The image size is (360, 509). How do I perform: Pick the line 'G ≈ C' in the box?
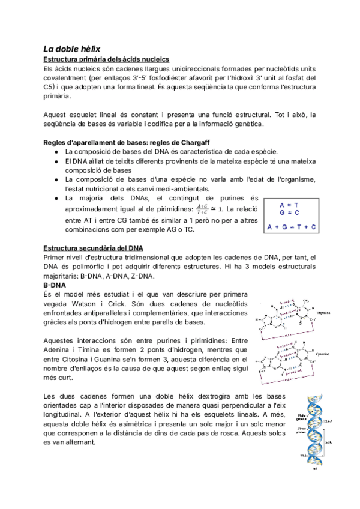click(x=292, y=212)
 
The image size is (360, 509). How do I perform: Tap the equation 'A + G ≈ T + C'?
click(x=292, y=226)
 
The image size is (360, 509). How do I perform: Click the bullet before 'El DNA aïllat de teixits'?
click(x=55, y=161)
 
